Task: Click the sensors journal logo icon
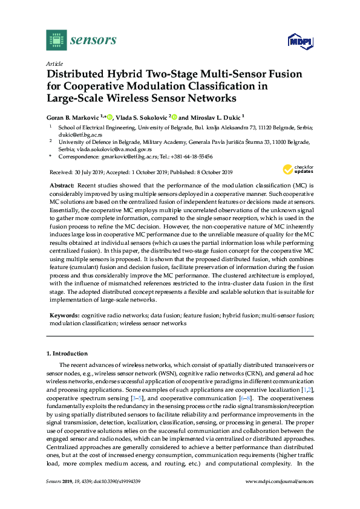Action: click(x=56, y=41)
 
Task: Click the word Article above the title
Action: click(x=54, y=63)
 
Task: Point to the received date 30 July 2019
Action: click(x=88, y=172)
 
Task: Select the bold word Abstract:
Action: click(x=61, y=183)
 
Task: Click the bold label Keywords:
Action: click(x=64, y=316)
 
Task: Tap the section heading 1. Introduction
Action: click(x=67, y=353)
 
